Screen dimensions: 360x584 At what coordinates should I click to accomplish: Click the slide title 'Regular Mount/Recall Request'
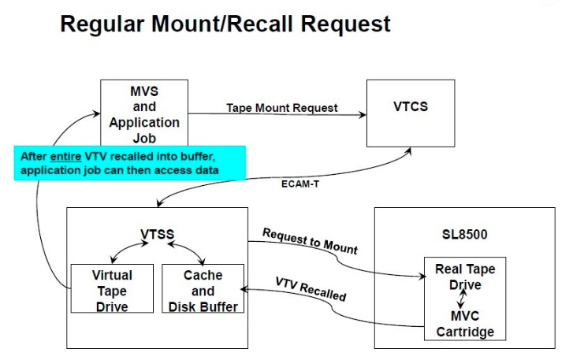pyautogui.click(x=225, y=24)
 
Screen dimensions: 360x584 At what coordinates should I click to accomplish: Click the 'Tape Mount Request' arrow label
pyautogui.click(x=281, y=108)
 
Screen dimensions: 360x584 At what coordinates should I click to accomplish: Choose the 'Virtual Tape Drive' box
pyautogui.click(x=112, y=289)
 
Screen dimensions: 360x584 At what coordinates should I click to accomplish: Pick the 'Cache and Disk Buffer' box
pyautogui.click(x=203, y=289)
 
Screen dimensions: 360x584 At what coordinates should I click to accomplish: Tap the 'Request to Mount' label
pyautogui.click(x=310, y=241)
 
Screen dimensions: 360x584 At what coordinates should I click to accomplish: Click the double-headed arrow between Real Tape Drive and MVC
pyautogui.click(x=465, y=300)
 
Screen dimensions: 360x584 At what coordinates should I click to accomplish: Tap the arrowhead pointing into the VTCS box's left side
pyautogui.click(x=362, y=115)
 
